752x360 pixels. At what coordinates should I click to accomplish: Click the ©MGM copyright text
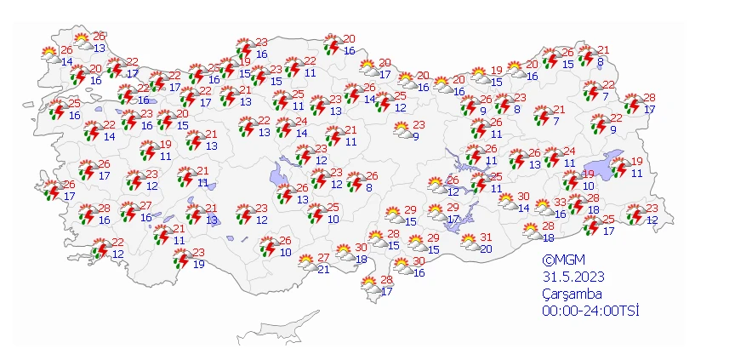(x=563, y=260)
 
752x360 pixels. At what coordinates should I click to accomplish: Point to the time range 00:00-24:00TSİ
(x=591, y=311)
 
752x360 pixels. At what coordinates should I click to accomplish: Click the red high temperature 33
(x=561, y=203)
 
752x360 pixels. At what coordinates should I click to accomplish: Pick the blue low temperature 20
(x=487, y=249)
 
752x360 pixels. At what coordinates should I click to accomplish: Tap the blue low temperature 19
(x=198, y=264)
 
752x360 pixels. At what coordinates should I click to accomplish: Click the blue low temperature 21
(x=322, y=269)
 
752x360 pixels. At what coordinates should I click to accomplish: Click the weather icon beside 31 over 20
(x=470, y=243)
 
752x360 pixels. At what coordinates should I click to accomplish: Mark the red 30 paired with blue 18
(x=361, y=248)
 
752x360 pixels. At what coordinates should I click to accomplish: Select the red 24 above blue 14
(x=301, y=122)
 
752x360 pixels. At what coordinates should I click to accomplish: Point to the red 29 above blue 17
(x=454, y=209)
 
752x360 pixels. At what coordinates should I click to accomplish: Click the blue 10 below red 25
(x=333, y=219)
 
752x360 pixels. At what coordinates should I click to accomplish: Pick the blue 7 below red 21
(x=555, y=121)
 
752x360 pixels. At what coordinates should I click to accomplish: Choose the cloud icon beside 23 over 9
(x=402, y=130)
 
